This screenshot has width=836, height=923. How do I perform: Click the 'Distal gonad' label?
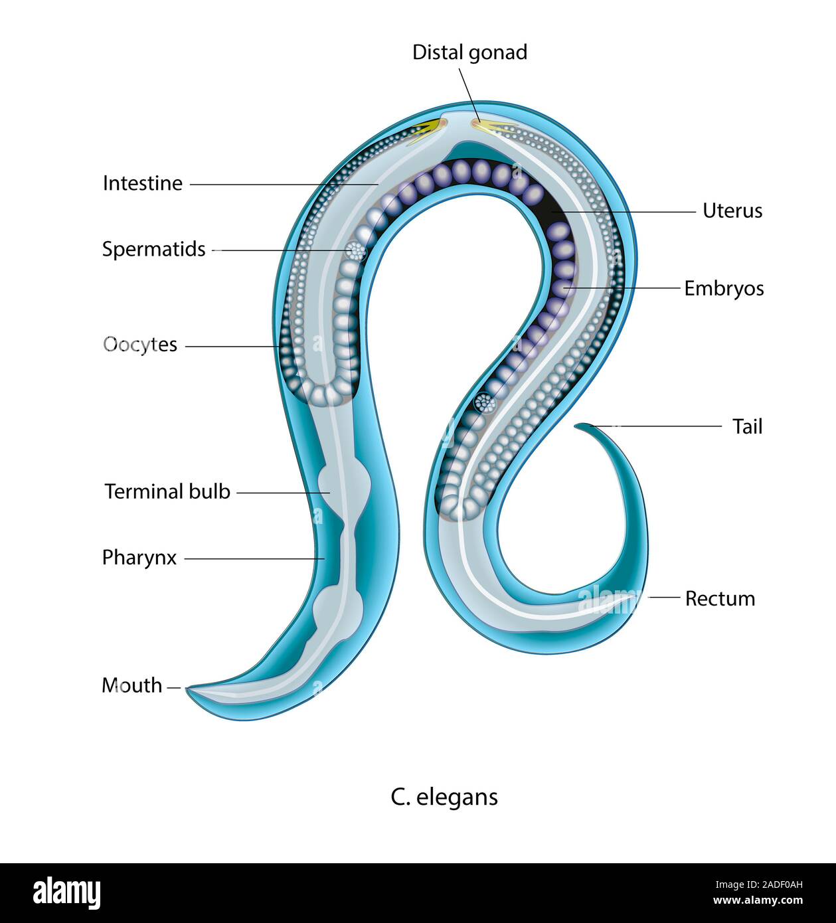469,52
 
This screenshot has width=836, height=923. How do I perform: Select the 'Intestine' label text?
142,183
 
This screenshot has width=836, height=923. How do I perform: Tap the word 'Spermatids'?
153,249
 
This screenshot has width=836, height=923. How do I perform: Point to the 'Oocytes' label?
140,345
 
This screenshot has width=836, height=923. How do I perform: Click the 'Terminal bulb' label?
167,491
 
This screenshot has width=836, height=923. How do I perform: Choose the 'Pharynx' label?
139,558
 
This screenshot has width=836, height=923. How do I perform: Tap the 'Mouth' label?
131,685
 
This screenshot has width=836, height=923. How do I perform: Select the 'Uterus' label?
732,210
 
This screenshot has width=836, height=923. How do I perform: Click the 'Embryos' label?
724,288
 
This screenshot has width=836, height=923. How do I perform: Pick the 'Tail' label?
747,426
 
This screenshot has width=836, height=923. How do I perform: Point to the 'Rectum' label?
720,598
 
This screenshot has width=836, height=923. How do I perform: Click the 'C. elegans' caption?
444,796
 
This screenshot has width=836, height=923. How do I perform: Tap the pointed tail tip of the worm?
577,425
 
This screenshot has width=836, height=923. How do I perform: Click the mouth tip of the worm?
188,689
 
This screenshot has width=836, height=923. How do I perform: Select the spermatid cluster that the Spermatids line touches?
357,251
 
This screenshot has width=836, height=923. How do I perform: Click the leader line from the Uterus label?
624,212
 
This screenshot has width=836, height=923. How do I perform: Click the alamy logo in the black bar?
67,893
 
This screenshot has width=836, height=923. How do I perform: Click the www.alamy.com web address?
758,901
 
